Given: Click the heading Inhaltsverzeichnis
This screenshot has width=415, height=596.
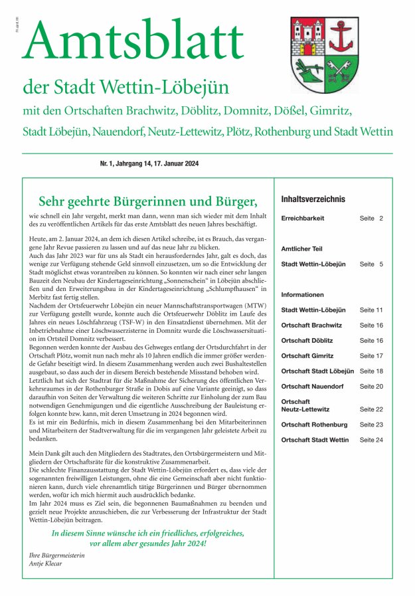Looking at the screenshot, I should pyautogui.click(x=313, y=199).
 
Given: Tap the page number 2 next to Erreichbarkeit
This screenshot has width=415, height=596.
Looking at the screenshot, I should pyautogui.click(x=382, y=218).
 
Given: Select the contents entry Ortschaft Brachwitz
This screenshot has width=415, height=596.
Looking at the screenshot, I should pyautogui.click(x=311, y=325).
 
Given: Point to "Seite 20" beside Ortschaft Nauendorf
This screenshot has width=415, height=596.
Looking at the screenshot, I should pyautogui.click(x=371, y=386).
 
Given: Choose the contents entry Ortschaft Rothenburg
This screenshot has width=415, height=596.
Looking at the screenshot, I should pyautogui.click(x=313, y=424).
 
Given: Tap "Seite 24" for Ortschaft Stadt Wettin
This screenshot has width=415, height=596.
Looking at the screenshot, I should pyautogui.click(x=371, y=440).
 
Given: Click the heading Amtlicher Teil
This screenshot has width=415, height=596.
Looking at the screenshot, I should pyautogui.click(x=301, y=249).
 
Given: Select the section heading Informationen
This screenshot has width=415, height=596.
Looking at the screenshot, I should pyautogui.click(x=302, y=294).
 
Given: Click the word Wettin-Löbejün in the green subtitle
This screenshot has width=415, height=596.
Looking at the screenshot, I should pyautogui.click(x=158, y=88).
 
